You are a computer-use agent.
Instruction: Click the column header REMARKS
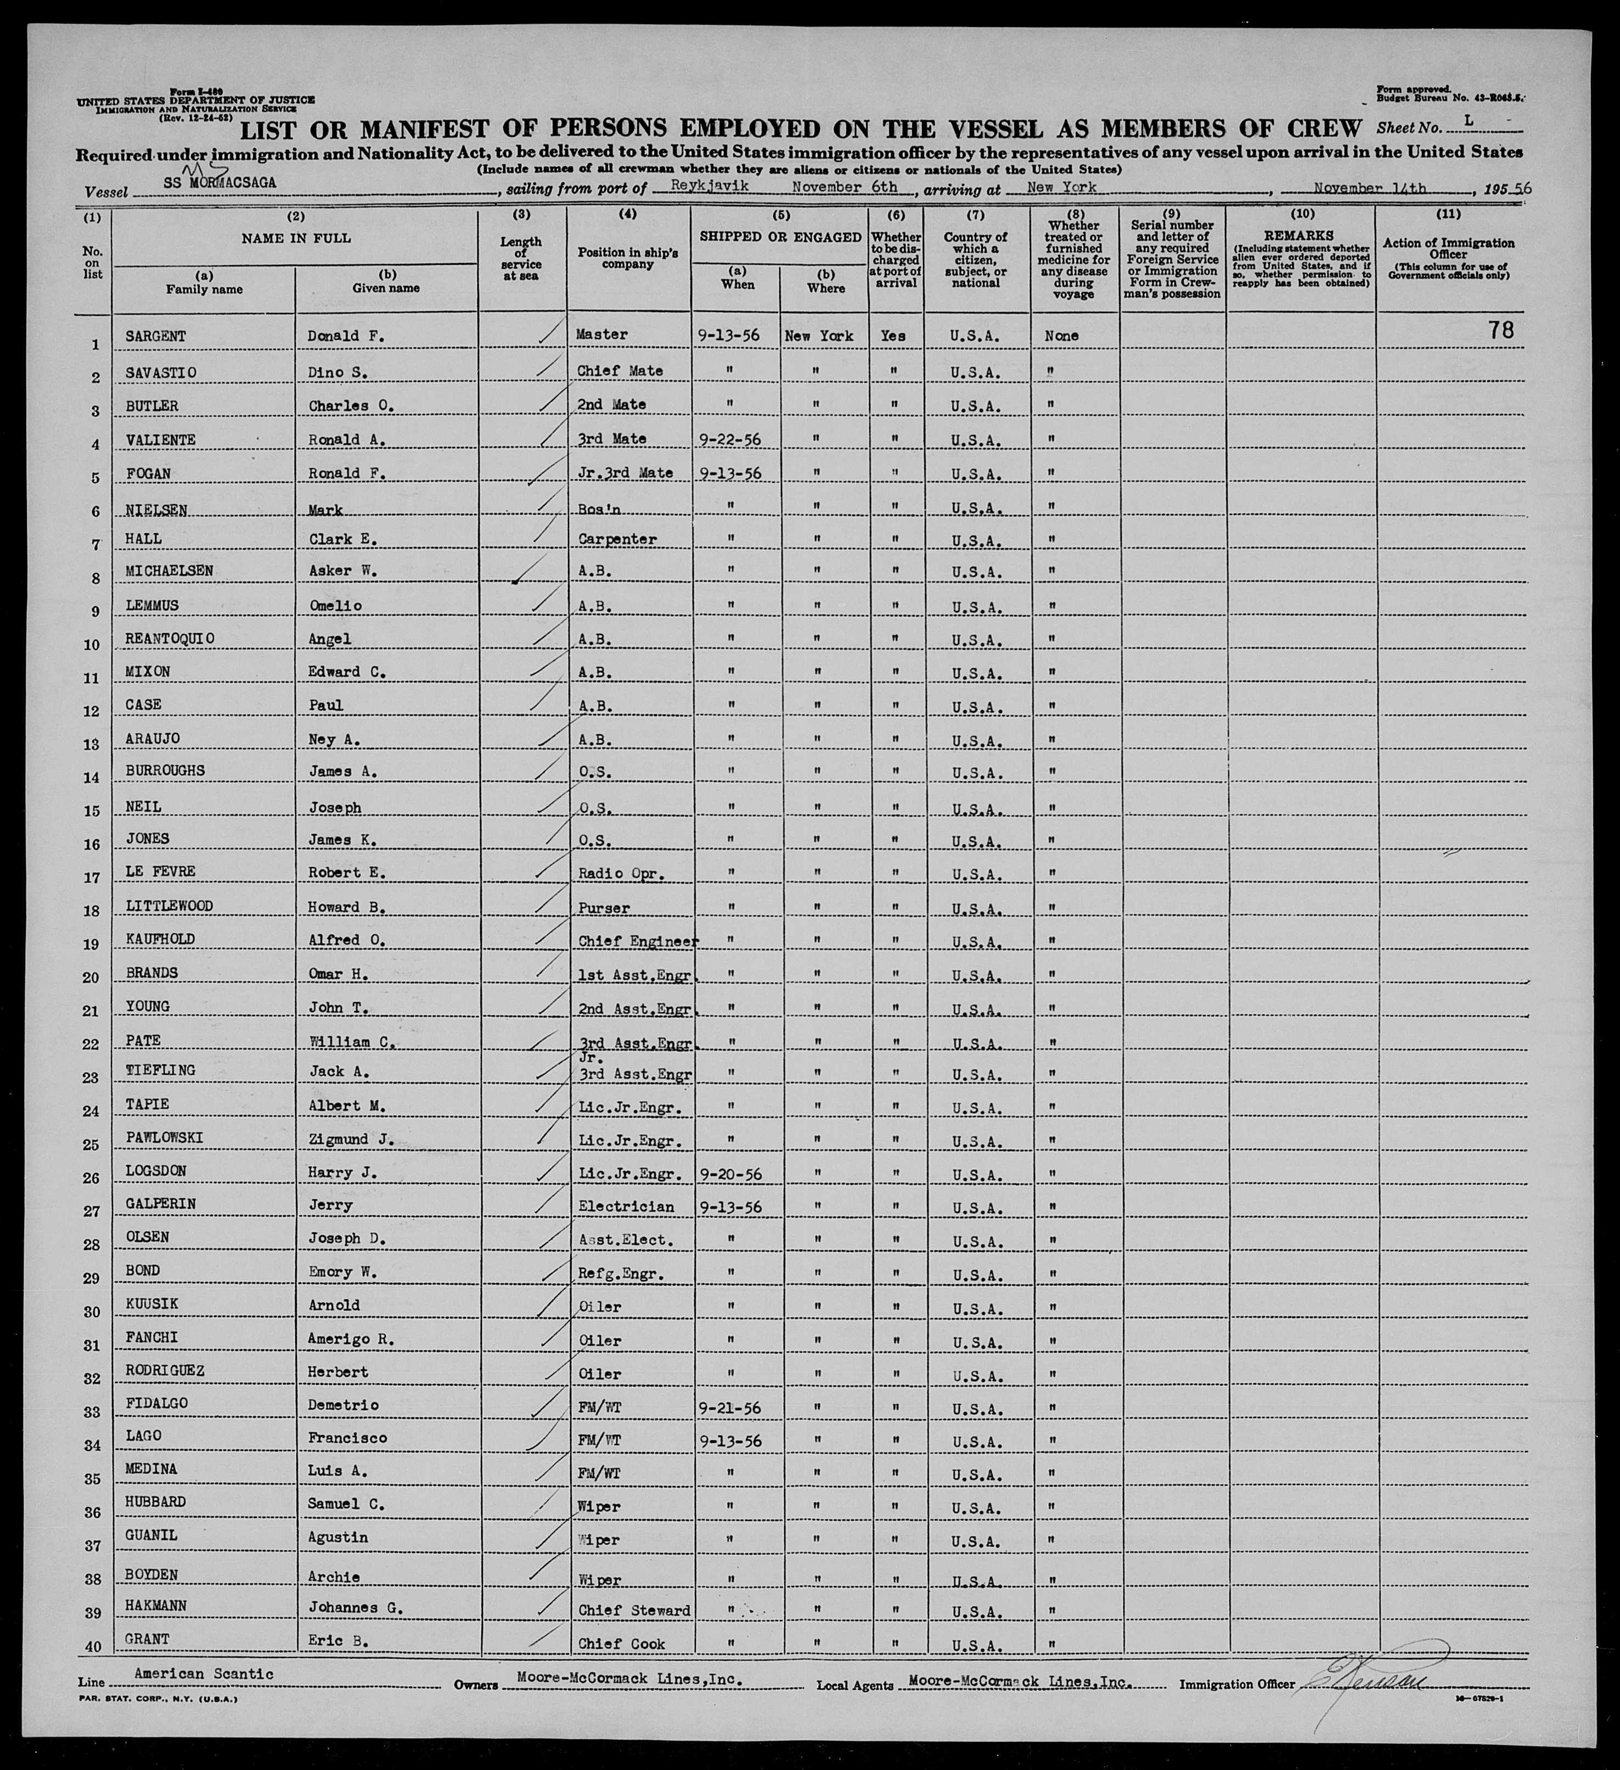(1300, 235)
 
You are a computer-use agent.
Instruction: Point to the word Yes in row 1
(893, 336)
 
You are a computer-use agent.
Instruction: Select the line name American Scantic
(204, 1673)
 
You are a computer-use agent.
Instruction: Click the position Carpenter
(616, 539)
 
